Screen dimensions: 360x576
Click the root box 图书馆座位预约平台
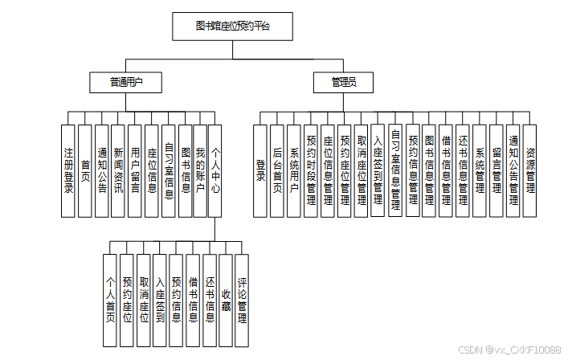pyautogui.click(x=233, y=27)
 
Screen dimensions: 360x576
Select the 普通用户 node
pyautogui.click(x=125, y=81)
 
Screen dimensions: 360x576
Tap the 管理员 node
pyautogui.click(x=344, y=81)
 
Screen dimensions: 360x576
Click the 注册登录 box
pyautogui.click(x=68, y=170)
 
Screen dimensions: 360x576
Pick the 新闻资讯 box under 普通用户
pyautogui.click(x=118, y=170)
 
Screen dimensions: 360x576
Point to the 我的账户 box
pyautogui.click(x=200, y=170)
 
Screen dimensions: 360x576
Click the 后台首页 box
pyautogui.click(x=277, y=170)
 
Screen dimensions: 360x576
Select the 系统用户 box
pyautogui.click(x=294, y=170)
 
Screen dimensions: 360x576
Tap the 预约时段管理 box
pyautogui.click(x=311, y=170)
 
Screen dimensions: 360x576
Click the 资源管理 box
pyautogui.click(x=530, y=170)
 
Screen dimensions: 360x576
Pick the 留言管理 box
pyautogui.click(x=496, y=170)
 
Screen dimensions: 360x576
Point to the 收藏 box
pyautogui.click(x=226, y=300)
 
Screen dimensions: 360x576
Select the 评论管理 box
pyautogui.click(x=242, y=300)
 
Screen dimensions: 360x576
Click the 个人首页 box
pyautogui.click(x=110, y=300)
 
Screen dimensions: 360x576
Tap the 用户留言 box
pyautogui.click(x=135, y=170)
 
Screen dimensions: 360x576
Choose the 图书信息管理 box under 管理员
pyautogui.click(x=429, y=170)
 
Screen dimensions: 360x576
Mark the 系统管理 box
pyautogui.click(x=480, y=170)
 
